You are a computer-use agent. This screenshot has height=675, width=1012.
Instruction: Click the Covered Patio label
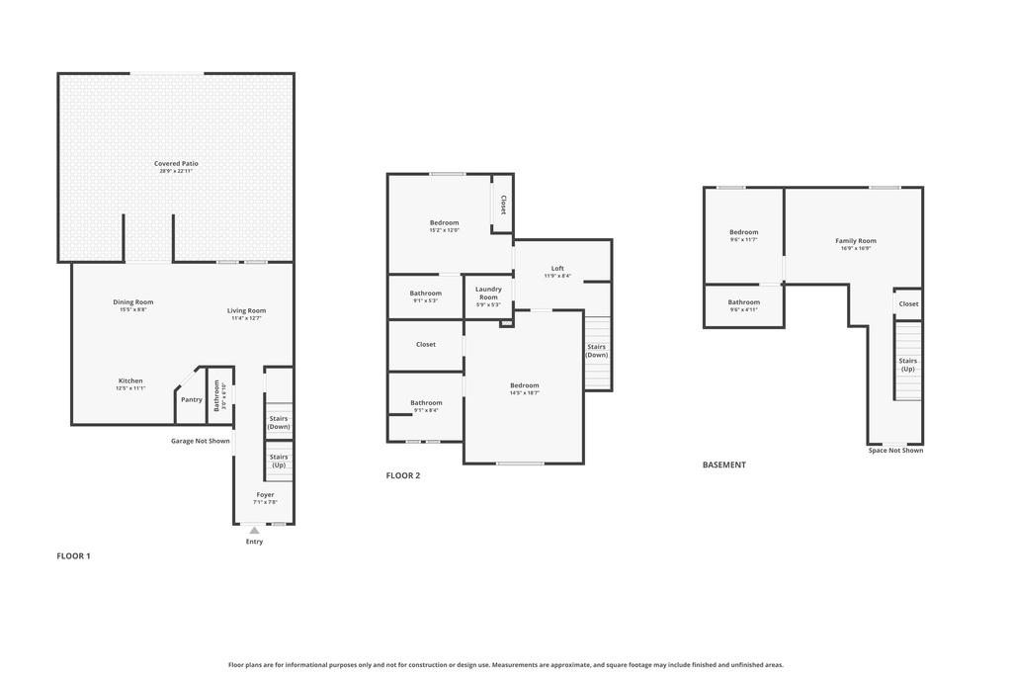(176, 163)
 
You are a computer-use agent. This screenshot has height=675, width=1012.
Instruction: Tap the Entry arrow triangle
(254, 531)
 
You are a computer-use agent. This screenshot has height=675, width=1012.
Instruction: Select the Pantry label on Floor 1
(192, 399)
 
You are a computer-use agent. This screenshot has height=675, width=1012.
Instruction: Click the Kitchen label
(130, 380)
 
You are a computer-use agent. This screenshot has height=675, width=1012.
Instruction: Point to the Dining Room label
(133, 302)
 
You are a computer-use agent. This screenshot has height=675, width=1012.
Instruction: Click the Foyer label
(265, 494)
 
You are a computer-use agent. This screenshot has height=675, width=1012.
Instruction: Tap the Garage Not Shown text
(200, 441)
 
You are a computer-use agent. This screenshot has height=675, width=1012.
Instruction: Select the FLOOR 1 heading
(73, 556)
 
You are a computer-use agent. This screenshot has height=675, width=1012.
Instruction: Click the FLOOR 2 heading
(403, 475)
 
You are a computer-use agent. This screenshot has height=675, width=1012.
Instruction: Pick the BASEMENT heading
(723, 464)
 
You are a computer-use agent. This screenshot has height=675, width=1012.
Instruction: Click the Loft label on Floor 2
(557, 268)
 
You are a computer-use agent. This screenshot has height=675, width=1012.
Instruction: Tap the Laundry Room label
(488, 293)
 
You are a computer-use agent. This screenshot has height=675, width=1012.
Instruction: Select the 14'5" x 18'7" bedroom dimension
(524, 393)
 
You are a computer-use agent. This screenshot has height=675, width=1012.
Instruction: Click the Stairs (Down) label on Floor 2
(596, 350)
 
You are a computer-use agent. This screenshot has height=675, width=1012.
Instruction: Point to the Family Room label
(855, 240)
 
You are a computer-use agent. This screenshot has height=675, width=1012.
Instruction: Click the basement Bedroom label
(743, 231)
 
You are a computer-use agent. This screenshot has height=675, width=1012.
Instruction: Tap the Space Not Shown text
(895, 451)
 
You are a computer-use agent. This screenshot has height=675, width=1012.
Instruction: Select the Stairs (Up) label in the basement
(907, 365)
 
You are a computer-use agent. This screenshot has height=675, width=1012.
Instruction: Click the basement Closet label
(907, 303)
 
